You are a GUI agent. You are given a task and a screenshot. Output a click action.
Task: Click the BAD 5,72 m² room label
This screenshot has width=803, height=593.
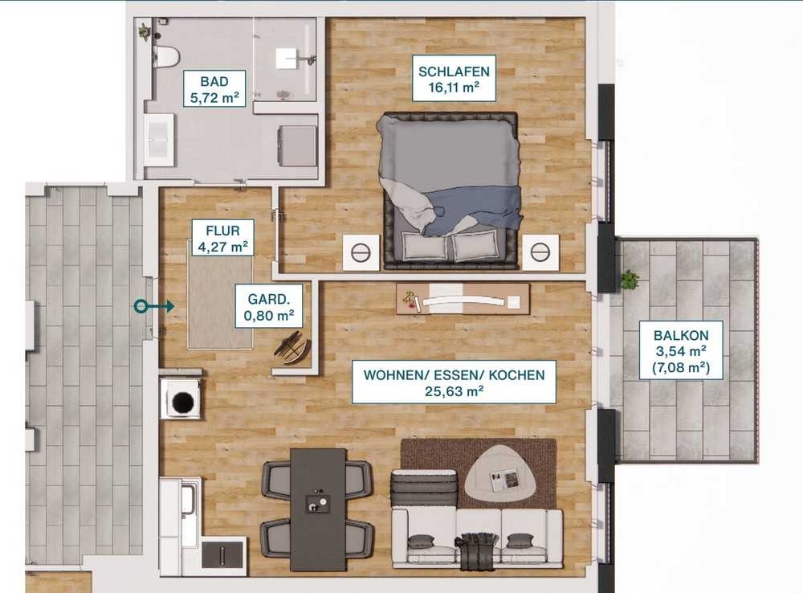click(214, 89)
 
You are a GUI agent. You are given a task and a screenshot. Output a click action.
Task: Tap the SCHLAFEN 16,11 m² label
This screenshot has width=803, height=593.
click(454, 79)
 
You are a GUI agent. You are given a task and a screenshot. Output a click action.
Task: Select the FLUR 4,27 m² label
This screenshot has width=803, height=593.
click(222, 238)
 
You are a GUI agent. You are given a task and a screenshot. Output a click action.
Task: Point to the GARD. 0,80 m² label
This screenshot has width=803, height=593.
click(269, 306)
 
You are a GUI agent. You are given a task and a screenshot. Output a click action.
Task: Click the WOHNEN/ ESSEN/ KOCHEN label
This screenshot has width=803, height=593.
click(454, 382)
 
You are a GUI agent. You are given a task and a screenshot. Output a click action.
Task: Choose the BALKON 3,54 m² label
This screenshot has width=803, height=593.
click(681, 350)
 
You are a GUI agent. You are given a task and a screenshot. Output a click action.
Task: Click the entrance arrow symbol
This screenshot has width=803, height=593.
click(154, 306)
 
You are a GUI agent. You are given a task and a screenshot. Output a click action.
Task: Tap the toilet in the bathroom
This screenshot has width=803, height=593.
click(166, 56)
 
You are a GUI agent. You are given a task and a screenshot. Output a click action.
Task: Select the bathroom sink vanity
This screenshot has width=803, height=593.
click(158, 139)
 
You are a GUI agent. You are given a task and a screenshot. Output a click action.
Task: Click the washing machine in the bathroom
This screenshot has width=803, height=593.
click(297, 146)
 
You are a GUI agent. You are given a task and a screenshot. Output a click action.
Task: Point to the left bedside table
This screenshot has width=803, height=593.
click(361, 252)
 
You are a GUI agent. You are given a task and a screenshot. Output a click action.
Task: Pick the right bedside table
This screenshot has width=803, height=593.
click(540, 252)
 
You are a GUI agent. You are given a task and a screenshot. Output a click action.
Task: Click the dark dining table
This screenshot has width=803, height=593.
click(318, 509)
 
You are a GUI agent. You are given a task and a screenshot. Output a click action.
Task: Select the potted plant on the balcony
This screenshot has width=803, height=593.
click(630, 280)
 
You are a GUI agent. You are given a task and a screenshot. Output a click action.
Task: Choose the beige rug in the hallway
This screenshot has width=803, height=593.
click(220, 302)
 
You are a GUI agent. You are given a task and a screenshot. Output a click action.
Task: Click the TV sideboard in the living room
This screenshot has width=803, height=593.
click(463, 299)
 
